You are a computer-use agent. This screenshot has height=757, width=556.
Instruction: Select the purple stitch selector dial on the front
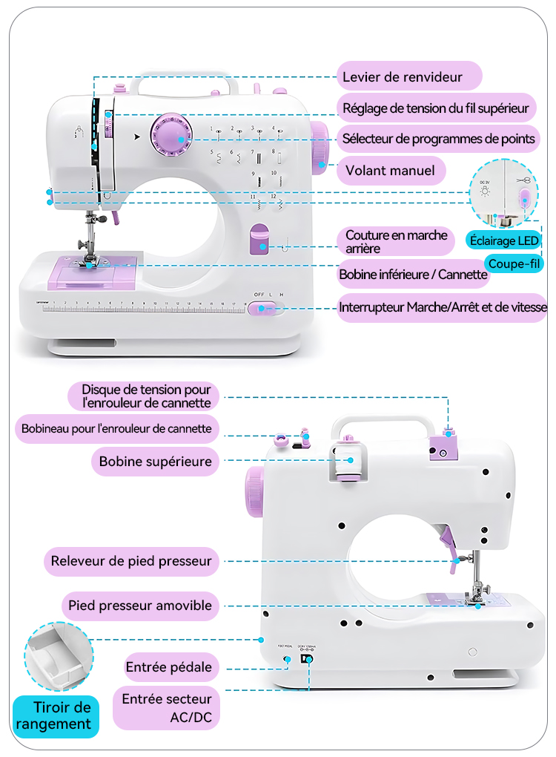170,136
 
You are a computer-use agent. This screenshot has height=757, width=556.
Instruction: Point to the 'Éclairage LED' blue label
503,240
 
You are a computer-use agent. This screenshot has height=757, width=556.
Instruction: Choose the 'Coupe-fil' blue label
514,263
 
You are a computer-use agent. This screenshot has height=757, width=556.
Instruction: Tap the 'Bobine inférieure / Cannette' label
414,275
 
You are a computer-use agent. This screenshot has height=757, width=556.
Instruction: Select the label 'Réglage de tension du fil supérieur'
435,108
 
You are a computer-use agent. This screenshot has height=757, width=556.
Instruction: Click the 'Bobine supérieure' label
156,461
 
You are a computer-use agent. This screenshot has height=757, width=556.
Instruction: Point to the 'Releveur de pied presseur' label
131,561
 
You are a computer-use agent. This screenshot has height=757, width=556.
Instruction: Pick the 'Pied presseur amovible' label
140,606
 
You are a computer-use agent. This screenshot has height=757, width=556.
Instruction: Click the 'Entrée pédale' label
169,667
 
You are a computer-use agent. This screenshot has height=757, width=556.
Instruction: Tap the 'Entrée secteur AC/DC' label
167,709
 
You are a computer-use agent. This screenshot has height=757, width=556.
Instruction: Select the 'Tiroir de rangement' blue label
56,716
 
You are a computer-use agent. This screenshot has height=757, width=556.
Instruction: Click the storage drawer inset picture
59,656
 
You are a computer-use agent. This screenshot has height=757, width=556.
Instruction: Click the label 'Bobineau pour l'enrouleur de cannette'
116,428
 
